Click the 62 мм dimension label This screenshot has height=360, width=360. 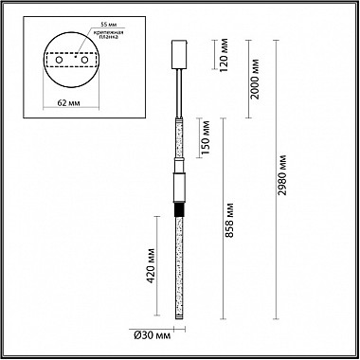click(68, 103)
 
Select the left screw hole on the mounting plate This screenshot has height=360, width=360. click(59, 60)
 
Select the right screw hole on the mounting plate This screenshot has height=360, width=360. click(84, 60)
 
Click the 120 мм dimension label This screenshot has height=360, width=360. click(225, 55)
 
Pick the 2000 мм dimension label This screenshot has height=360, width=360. click(255, 79)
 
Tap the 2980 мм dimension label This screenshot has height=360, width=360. click(282, 175)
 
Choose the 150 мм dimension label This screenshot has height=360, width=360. click(206, 137)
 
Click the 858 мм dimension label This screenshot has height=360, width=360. click(230, 220)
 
